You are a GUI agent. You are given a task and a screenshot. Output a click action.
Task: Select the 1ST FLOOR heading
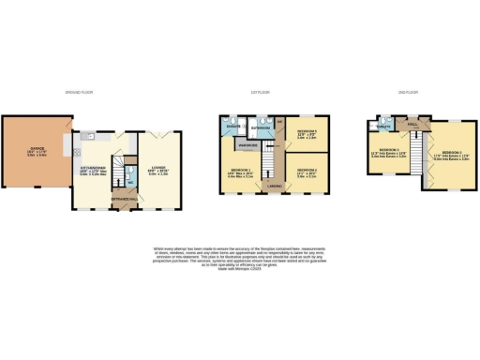coord(275,93)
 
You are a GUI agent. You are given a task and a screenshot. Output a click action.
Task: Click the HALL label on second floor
coord(412,124)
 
